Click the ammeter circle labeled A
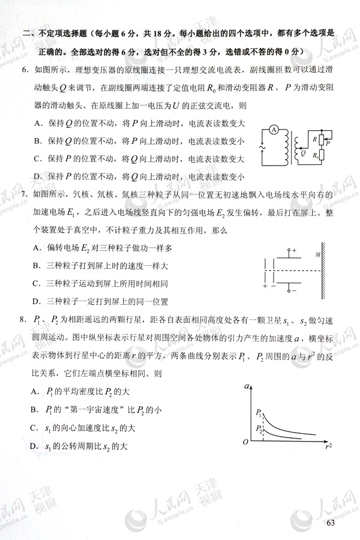click(272, 130)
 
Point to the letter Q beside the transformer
click(303, 154)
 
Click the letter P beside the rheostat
click(328, 144)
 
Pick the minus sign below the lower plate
click(293, 292)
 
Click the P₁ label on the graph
click(258, 413)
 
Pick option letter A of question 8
click(37, 391)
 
